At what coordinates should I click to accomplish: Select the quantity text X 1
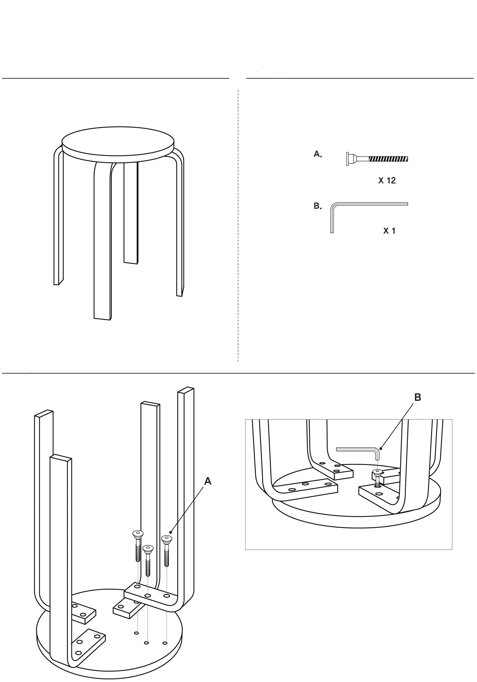pos(390,231)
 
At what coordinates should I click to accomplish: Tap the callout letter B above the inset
pos(417,397)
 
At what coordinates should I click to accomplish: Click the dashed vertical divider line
pos(238,226)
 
